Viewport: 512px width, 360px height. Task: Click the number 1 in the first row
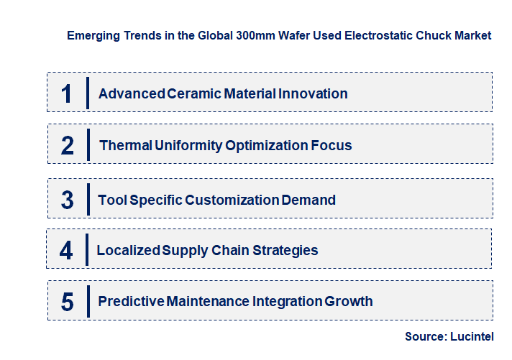[x=67, y=93]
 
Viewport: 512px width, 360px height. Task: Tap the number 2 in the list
[x=68, y=146]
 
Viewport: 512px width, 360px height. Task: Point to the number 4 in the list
[x=66, y=251]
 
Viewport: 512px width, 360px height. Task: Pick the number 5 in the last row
[x=68, y=302]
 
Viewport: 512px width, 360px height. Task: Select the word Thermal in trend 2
[x=126, y=146]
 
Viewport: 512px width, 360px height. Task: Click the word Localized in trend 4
[x=129, y=251]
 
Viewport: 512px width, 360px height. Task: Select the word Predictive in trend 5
[x=131, y=302]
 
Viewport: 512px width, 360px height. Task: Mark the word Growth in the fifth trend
[x=349, y=302]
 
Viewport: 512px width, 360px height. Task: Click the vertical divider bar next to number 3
[x=88, y=199]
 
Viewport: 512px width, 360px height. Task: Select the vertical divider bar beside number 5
[x=88, y=300]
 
